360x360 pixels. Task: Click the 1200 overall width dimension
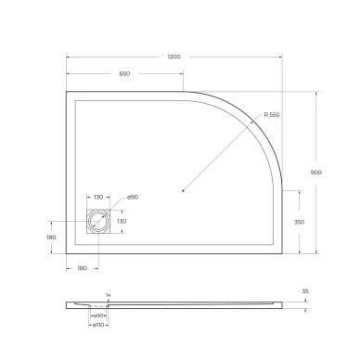(x=174, y=57)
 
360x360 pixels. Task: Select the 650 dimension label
(x=123, y=73)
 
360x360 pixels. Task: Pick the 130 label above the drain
(x=98, y=198)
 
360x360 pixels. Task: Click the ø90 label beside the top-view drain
(x=132, y=198)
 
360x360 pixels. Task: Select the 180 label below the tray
(x=83, y=268)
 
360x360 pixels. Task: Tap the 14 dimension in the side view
(x=108, y=295)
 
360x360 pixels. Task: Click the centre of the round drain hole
(x=98, y=222)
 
